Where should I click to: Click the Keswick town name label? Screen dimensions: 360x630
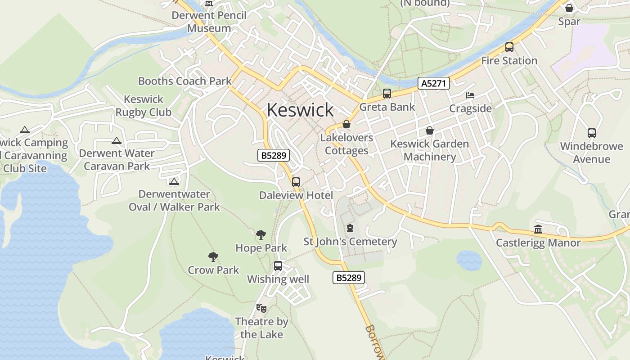(300, 110)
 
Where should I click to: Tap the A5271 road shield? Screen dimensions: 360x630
(434, 83)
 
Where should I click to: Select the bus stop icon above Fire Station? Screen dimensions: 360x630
(509, 47)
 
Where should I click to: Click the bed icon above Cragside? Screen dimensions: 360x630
(470, 95)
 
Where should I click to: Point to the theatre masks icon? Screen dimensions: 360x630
(261, 308)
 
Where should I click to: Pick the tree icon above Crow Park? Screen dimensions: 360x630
(213, 257)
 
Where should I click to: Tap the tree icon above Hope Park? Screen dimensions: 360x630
(261, 235)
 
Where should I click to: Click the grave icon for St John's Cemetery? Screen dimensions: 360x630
(350, 229)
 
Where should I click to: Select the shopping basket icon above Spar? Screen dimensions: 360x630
(569, 8)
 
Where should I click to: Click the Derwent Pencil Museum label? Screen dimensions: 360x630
(209, 22)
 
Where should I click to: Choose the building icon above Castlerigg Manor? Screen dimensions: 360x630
(538, 229)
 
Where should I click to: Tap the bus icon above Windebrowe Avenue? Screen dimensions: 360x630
(592, 133)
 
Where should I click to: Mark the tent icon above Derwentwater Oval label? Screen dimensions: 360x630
(174, 181)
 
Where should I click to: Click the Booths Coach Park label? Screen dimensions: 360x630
(184, 81)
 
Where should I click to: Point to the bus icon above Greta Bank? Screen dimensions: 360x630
(387, 94)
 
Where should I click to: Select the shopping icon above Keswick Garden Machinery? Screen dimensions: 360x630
(430, 131)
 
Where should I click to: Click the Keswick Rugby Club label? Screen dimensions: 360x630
(144, 106)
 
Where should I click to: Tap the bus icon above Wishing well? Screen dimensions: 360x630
(278, 266)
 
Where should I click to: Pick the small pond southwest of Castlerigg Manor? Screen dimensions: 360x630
(469, 261)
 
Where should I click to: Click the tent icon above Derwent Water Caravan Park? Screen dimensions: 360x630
(117, 141)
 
